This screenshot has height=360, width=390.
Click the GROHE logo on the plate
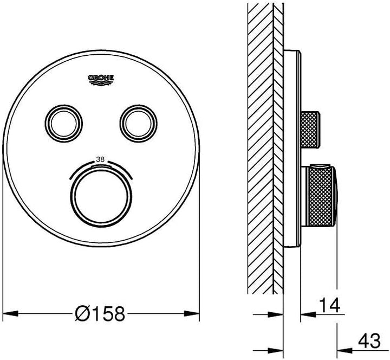click(101, 80)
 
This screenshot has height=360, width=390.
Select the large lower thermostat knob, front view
click(101, 196)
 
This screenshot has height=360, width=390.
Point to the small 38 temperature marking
click(101, 159)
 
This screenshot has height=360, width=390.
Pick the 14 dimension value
click(329, 305)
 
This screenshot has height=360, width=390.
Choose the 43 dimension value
click(369, 341)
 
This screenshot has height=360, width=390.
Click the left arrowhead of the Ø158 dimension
click(10, 313)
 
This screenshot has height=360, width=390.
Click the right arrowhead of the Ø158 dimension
click(192, 313)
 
